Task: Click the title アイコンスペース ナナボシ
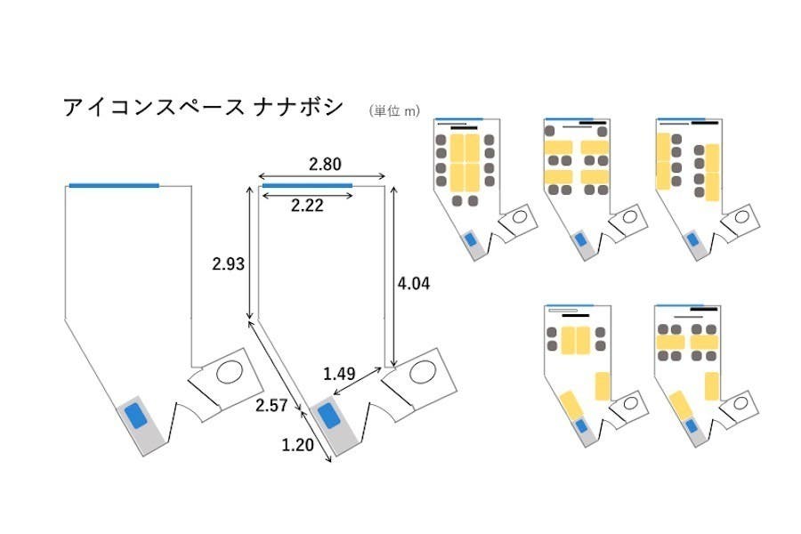[202, 108]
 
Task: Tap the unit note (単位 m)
[393, 111]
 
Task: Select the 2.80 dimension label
[325, 165]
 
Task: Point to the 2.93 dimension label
[228, 263]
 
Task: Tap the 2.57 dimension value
[271, 406]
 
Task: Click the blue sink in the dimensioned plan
[327, 416]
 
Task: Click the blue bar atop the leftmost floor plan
[114, 185]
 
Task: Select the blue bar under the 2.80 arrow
[307, 185]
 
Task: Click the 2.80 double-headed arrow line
[320, 175]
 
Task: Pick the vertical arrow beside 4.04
[385, 276]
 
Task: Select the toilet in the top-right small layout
[740, 216]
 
